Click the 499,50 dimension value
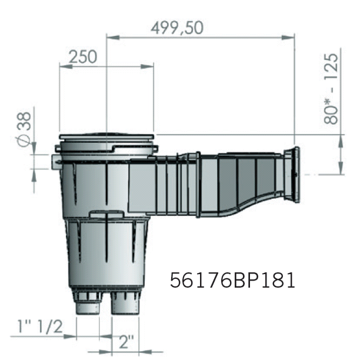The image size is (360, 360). click(x=177, y=28)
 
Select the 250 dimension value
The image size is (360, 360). click(x=83, y=57)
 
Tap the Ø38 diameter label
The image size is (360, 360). click(x=24, y=128)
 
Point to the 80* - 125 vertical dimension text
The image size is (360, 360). click(x=331, y=89)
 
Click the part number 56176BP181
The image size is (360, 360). click(x=232, y=280)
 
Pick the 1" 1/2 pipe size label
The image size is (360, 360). click(x=40, y=326)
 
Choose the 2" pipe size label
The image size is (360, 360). click(x=126, y=341)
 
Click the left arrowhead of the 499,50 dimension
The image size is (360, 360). click(x=113, y=38)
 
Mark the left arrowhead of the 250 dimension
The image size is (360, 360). click(x=66, y=66)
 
